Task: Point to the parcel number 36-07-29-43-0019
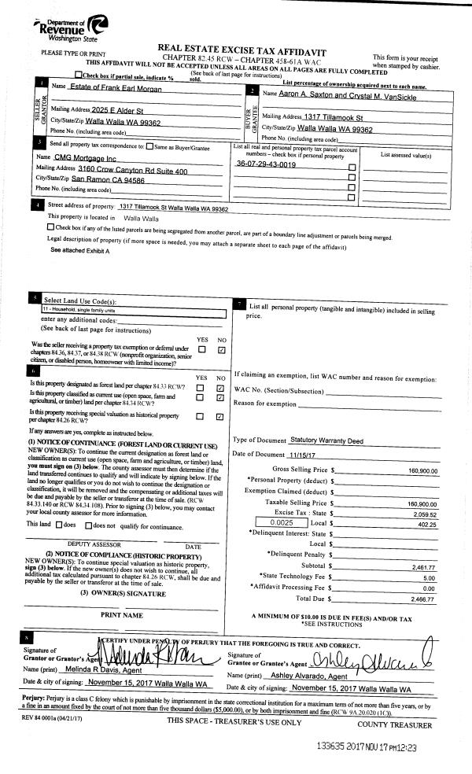(x=266, y=165)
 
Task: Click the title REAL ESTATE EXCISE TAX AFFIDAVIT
(x=242, y=49)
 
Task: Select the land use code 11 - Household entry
(x=79, y=310)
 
